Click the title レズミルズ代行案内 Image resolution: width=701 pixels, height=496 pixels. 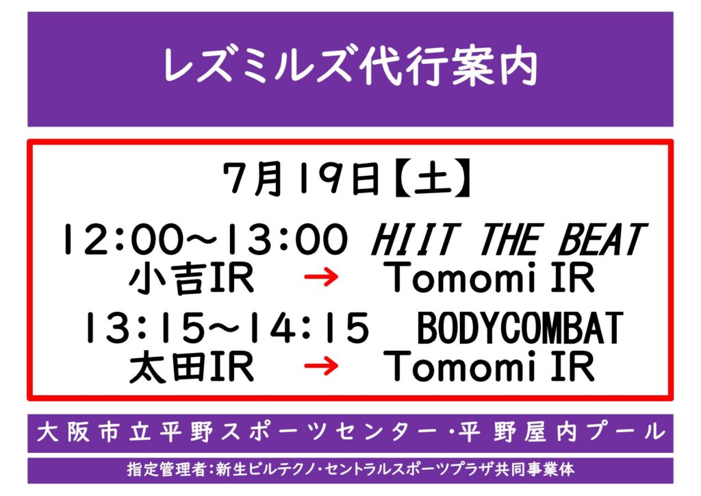tap(350, 68)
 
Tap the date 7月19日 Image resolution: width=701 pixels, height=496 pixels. tap(301, 178)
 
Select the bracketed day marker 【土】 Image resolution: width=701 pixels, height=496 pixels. tap(433, 178)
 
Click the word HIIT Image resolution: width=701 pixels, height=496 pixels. tap(416, 239)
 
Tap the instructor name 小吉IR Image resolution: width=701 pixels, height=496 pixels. tap(192, 278)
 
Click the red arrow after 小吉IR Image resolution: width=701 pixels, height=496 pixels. tap(321, 277)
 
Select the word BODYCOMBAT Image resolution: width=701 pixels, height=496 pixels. tap(520, 328)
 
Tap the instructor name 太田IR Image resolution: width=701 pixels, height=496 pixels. tap(192, 367)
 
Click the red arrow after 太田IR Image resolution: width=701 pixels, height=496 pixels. tap(321, 367)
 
